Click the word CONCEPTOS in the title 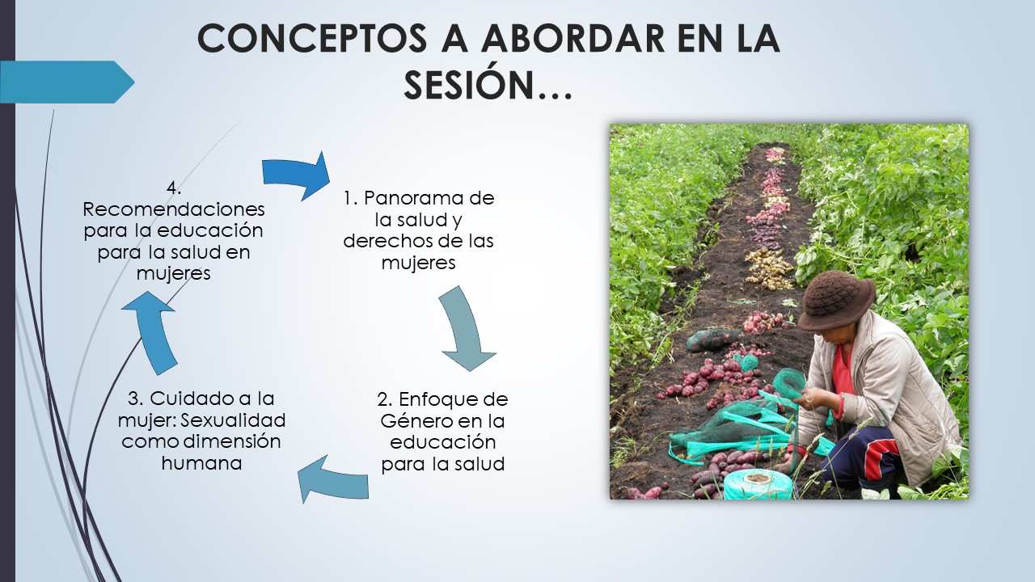pos(311,38)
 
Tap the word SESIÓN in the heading pos(468,85)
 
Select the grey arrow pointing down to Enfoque pos(466,328)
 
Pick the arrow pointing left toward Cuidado pos(332,479)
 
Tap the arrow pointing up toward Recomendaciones pos(153,331)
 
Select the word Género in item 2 pos(416,421)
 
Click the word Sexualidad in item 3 pos(233,420)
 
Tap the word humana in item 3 pos(202,463)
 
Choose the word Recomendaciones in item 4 pos(174,209)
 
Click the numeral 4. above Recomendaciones pos(174,188)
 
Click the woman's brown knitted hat pos(836,300)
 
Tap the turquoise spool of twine pos(758,484)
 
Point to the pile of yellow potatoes pos(768,269)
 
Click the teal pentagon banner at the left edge pos(67,82)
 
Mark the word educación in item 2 pos(442,442)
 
